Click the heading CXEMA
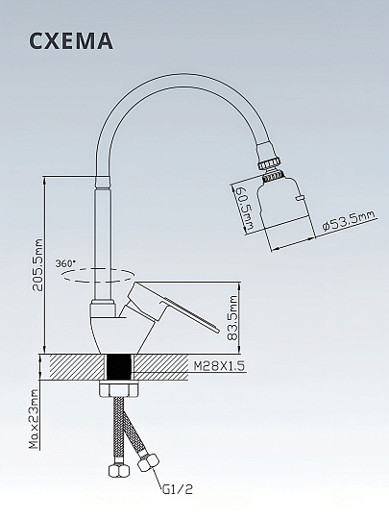71,41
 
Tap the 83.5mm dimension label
233,318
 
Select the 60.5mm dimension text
246,209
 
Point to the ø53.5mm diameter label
349,221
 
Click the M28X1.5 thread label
219,366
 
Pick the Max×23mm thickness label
34,419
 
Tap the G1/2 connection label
178,488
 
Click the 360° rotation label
65,263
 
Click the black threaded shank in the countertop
120,367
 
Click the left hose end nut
119,470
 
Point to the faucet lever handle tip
216,330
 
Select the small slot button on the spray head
301,198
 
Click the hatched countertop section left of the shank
79,367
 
